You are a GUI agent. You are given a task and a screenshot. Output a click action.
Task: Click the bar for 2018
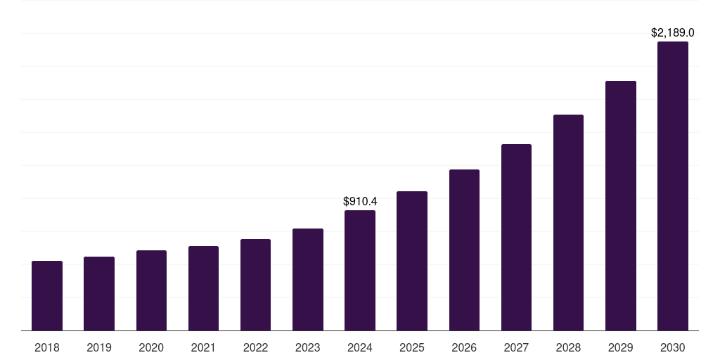47,295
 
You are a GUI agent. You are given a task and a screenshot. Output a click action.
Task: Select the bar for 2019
99,293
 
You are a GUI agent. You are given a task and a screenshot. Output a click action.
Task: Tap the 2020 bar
151,290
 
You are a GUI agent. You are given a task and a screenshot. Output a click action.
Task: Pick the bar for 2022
255,285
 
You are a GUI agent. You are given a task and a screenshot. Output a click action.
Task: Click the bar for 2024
360,270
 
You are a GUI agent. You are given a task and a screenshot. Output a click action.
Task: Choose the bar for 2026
464,250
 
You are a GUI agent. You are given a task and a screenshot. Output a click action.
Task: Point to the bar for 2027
516,237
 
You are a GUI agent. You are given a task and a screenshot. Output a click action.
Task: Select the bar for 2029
620,205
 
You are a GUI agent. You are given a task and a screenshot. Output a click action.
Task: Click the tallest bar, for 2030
673,186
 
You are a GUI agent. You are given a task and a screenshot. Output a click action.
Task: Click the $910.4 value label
360,202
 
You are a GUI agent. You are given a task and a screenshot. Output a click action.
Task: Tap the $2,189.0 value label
673,33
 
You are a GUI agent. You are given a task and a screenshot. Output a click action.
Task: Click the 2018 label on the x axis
47,347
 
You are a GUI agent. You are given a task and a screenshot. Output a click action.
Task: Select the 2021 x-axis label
203,347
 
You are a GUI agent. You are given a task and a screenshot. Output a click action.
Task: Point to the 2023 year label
308,347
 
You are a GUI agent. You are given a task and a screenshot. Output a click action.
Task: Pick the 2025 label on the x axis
412,347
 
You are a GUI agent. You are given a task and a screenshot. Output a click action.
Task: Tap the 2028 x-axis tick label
568,347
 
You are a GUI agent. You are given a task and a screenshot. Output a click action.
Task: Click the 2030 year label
673,347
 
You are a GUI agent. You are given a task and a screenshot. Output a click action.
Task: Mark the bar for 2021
203,288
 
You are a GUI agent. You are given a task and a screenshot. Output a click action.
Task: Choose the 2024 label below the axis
360,347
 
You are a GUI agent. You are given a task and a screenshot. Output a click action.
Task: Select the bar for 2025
412,261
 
